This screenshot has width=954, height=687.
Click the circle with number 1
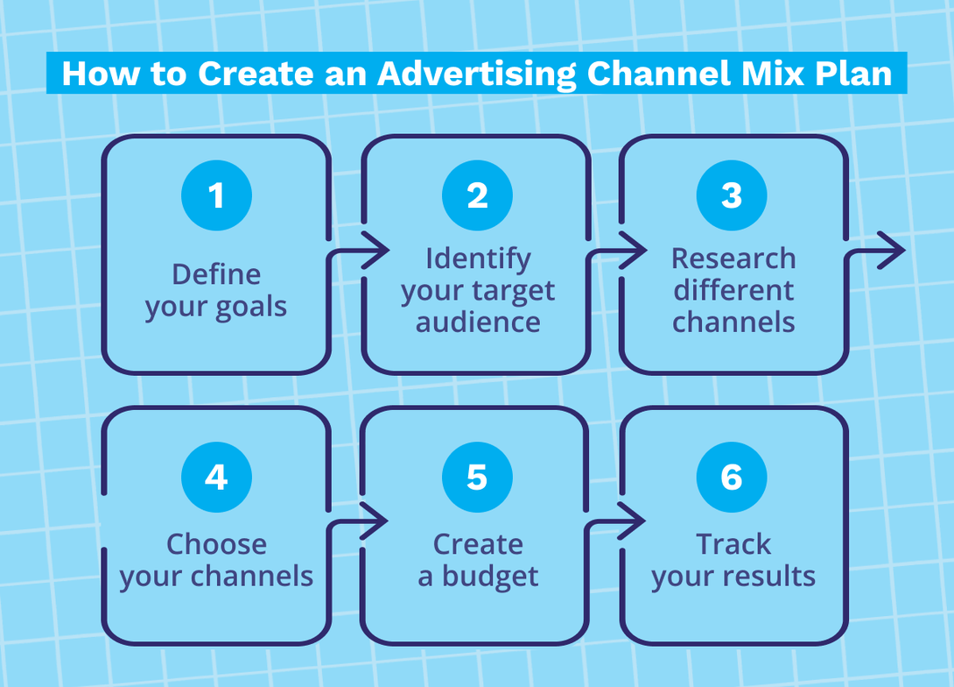point(216,195)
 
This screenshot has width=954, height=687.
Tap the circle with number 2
point(477,195)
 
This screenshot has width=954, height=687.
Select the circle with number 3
point(732,195)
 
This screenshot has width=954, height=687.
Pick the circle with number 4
point(216,478)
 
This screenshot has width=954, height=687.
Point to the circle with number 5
point(477,478)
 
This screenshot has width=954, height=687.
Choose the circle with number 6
point(732,478)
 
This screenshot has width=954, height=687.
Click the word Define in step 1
point(216,274)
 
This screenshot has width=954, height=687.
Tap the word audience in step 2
point(478,322)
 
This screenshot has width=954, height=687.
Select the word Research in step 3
point(733,259)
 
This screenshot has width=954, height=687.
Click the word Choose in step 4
point(216,544)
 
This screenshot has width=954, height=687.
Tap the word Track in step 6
point(733,544)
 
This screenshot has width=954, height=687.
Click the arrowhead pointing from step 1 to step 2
point(377,251)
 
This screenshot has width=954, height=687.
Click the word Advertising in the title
point(478,74)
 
